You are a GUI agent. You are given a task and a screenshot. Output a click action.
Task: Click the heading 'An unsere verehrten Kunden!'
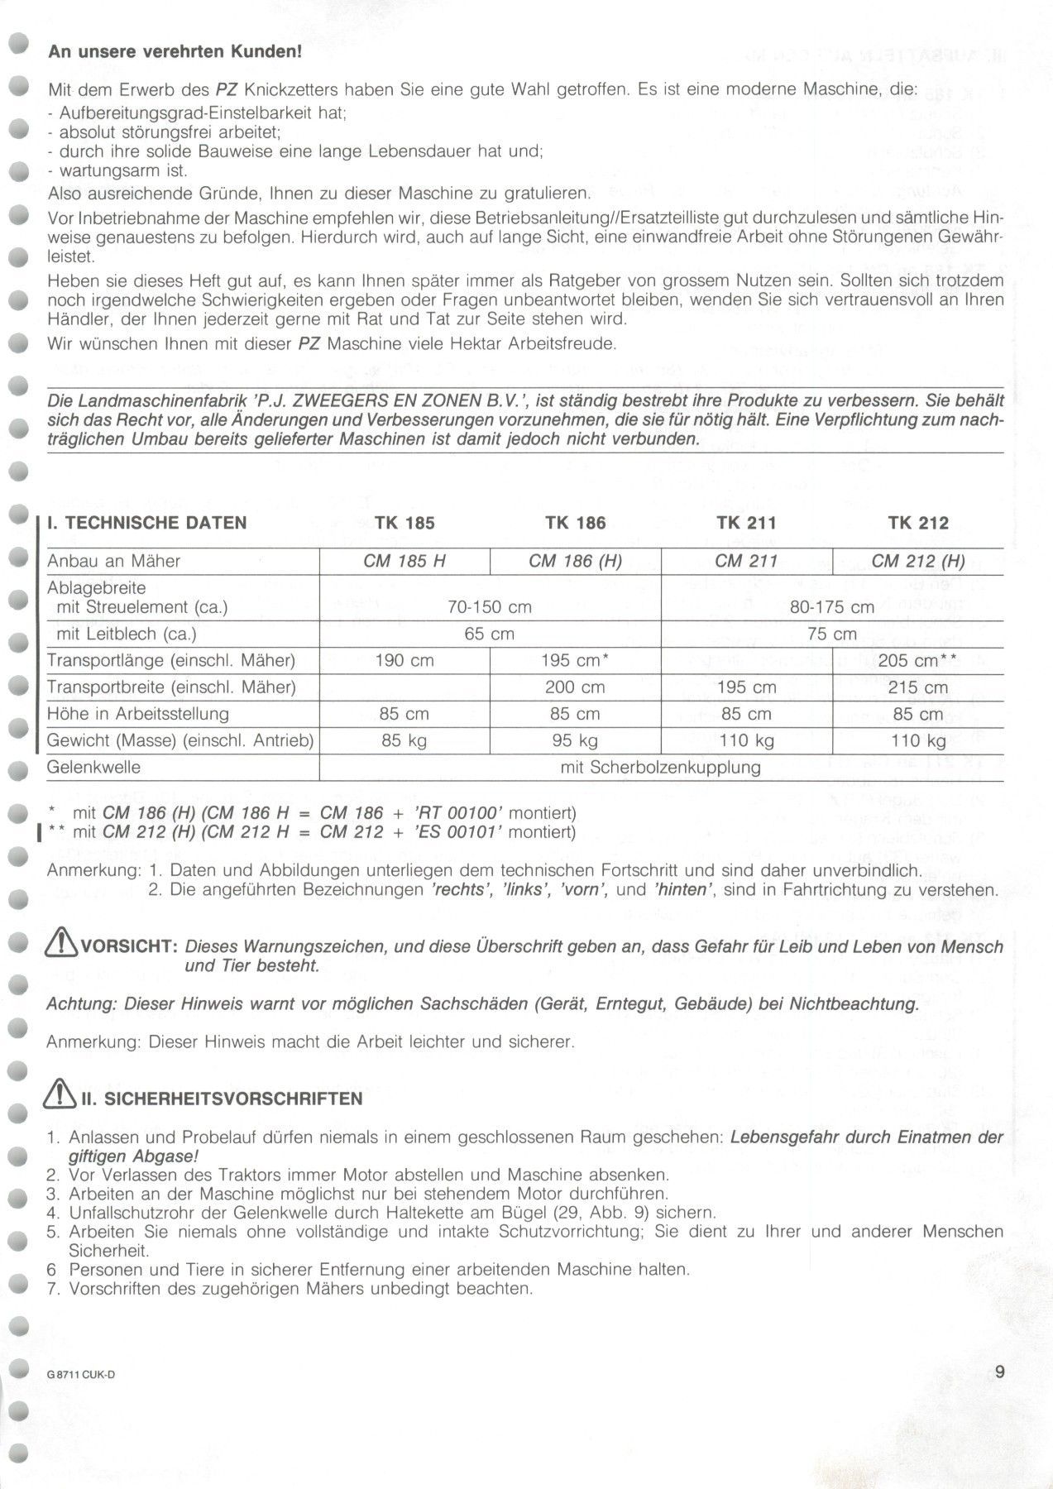[x=175, y=52]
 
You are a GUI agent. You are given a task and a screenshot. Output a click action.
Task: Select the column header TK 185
[x=404, y=523]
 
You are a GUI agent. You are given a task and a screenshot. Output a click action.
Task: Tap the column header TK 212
[x=918, y=523]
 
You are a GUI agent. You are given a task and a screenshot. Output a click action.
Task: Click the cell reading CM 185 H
[x=404, y=562]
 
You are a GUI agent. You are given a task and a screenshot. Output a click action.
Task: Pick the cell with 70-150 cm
[x=490, y=607]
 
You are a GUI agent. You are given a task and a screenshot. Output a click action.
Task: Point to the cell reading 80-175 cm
[x=832, y=607]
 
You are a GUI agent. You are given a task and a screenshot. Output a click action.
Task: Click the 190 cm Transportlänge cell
[x=404, y=661]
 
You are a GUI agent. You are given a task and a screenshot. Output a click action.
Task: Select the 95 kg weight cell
[x=575, y=740]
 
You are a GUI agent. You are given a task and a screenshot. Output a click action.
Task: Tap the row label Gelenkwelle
[x=94, y=767]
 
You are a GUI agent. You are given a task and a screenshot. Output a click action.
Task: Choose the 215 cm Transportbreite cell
[x=918, y=687]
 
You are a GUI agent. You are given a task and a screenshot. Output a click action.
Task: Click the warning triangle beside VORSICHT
[x=64, y=946]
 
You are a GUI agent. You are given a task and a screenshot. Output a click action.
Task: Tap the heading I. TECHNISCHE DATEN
[x=147, y=523]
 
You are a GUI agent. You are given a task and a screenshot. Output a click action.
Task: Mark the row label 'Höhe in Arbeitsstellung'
[x=138, y=714]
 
